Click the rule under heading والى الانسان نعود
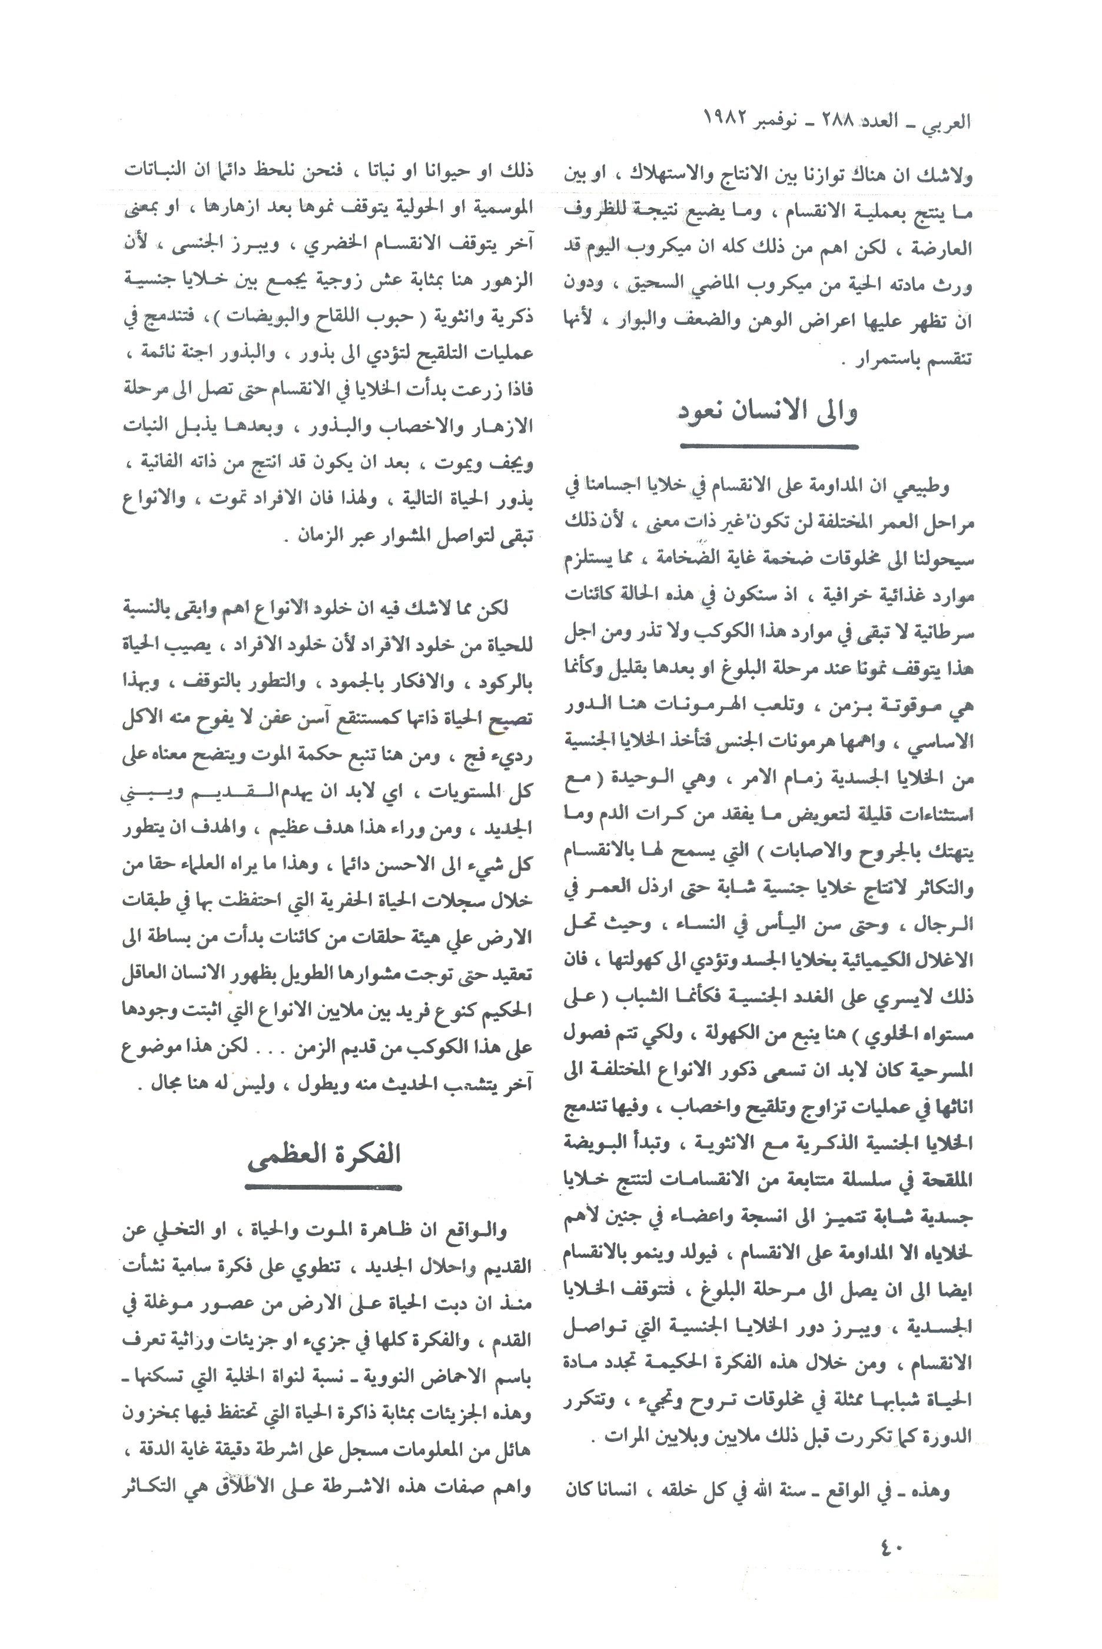pyautogui.click(x=769, y=446)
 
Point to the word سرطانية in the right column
pyautogui.click(x=946, y=633)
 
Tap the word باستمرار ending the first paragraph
pyautogui.click(x=888, y=360)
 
